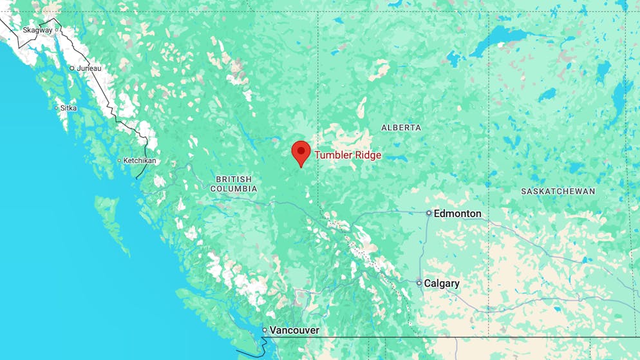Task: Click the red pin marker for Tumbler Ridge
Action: point(301,153)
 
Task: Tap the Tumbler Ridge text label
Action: point(348,155)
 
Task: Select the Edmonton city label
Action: point(457,213)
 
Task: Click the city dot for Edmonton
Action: point(429,213)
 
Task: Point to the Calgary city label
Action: point(442,283)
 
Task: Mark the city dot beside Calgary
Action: point(419,283)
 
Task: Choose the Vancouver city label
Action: point(294,330)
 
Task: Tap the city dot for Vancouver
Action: point(265,330)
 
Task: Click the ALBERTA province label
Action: point(401,128)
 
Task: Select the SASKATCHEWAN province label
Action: point(558,191)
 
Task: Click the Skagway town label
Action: point(37,30)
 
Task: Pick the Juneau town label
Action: point(89,68)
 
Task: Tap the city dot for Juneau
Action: point(72,68)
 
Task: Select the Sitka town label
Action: point(68,108)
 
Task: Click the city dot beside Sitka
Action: point(57,108)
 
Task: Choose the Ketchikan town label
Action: point(140,161)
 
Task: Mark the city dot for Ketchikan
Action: point(120,161)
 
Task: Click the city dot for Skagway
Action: point(57,30)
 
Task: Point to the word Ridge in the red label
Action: point(368,155)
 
